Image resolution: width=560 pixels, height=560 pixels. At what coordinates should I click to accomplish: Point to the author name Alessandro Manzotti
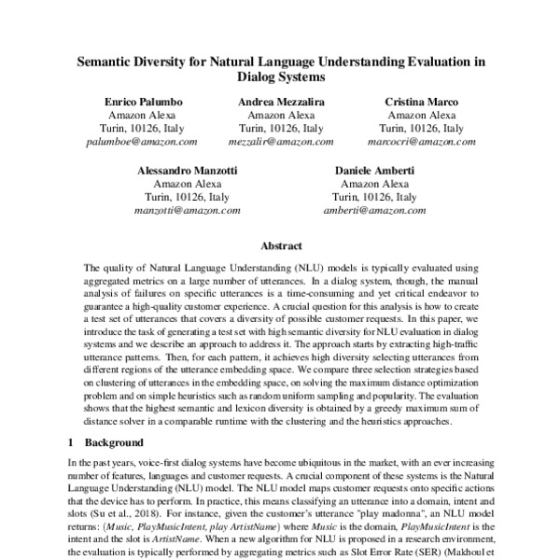tap(187, 171)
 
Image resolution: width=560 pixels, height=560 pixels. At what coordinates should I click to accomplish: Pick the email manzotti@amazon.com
tap(187, 212)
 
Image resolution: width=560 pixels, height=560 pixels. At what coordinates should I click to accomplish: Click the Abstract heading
tap(280, 246)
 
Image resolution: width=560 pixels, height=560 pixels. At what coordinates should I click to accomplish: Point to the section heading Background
tap(116, 441)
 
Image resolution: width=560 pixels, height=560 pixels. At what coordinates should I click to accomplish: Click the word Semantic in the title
tap(105, 62)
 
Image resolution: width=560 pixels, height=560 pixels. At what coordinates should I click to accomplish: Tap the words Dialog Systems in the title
tap(280, 78)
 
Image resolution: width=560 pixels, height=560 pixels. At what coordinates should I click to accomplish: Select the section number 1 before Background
tap(71, 441)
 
